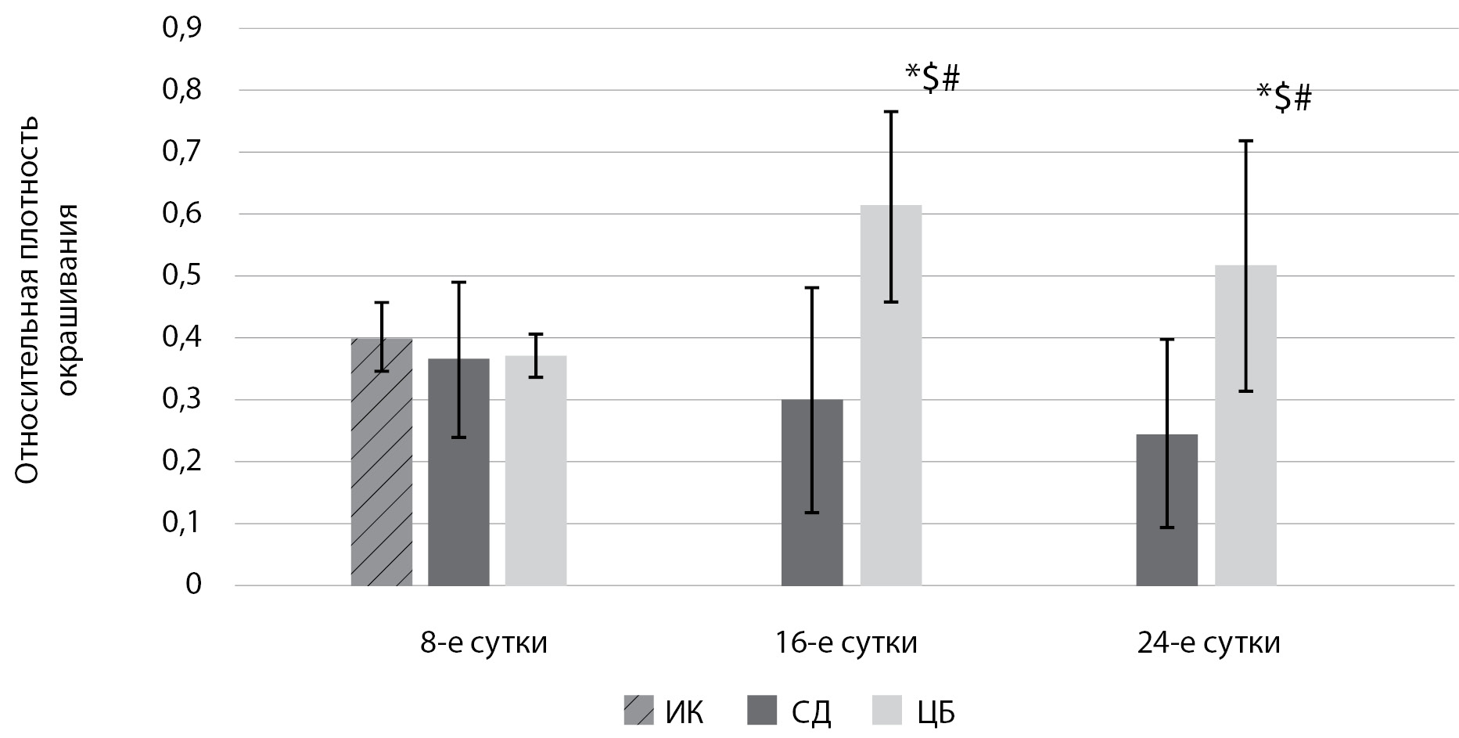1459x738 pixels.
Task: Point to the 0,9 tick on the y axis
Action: (x=181, y=29)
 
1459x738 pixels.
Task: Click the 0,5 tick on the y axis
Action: (x=181, y=276)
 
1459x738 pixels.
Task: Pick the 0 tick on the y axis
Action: (x=193, y=585)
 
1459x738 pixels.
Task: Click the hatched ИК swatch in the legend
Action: (x=638, y=711)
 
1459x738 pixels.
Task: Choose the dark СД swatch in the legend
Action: (x=762, y=711)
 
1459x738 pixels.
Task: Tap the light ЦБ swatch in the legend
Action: (x=886, y=711)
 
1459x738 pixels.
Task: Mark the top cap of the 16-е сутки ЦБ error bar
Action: (x=891, y=112)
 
